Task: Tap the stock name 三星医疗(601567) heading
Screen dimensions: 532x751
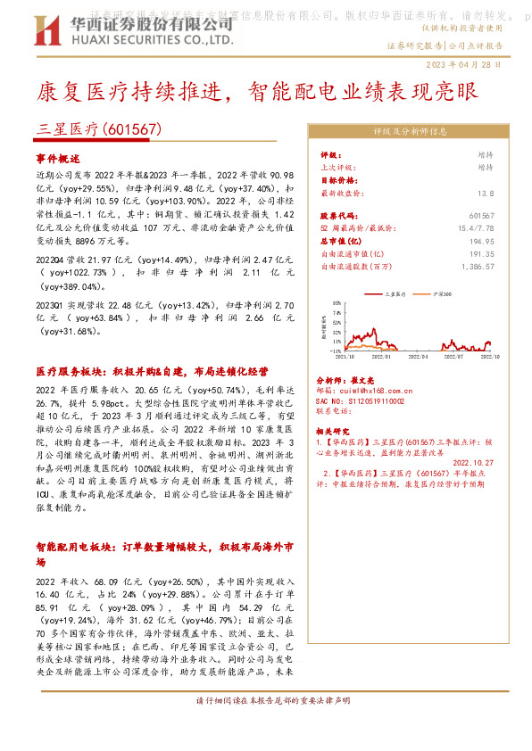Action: click(x=99, y=128)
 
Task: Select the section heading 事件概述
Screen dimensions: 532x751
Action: click(x=58, y=154)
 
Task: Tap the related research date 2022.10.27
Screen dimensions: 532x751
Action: click(x=474, y=462)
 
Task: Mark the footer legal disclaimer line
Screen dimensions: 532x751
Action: click(x=264, y=700)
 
